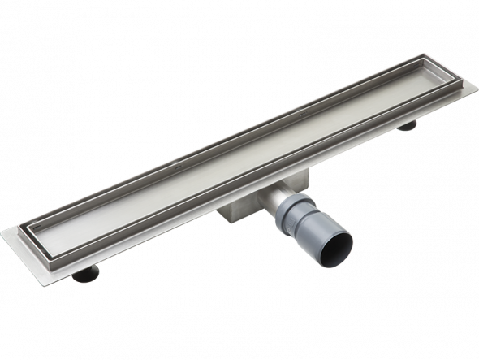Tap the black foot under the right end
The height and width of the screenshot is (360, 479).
405,124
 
